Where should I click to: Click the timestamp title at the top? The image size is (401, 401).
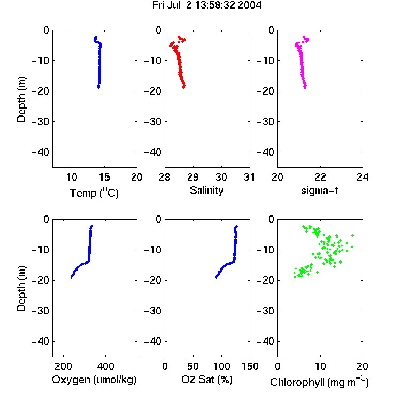207,5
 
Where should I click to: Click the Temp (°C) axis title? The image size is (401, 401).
94,192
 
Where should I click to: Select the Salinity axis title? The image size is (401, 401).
206,190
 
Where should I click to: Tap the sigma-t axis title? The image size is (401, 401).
319,190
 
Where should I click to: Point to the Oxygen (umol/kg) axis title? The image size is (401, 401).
94,380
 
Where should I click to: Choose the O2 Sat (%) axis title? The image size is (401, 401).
207,380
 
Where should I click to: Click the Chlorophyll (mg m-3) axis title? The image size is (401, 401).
319,382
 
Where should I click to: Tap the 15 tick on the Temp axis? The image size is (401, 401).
104,177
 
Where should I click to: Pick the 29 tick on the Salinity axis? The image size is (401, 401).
193,177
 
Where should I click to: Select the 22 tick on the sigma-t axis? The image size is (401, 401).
320,177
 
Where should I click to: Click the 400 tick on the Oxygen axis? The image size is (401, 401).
105,366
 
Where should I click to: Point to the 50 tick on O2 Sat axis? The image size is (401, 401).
193,366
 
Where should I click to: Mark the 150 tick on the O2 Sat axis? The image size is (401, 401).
250,366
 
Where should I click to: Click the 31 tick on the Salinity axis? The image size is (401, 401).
249,177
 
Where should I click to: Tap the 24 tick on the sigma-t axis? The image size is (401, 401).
363,177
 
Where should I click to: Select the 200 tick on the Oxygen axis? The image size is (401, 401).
63,366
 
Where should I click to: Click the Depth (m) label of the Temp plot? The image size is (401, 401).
21,99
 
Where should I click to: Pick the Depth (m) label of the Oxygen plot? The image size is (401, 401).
21,289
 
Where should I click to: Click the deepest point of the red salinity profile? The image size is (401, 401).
183,88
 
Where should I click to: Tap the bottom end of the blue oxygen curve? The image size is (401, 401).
71,277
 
